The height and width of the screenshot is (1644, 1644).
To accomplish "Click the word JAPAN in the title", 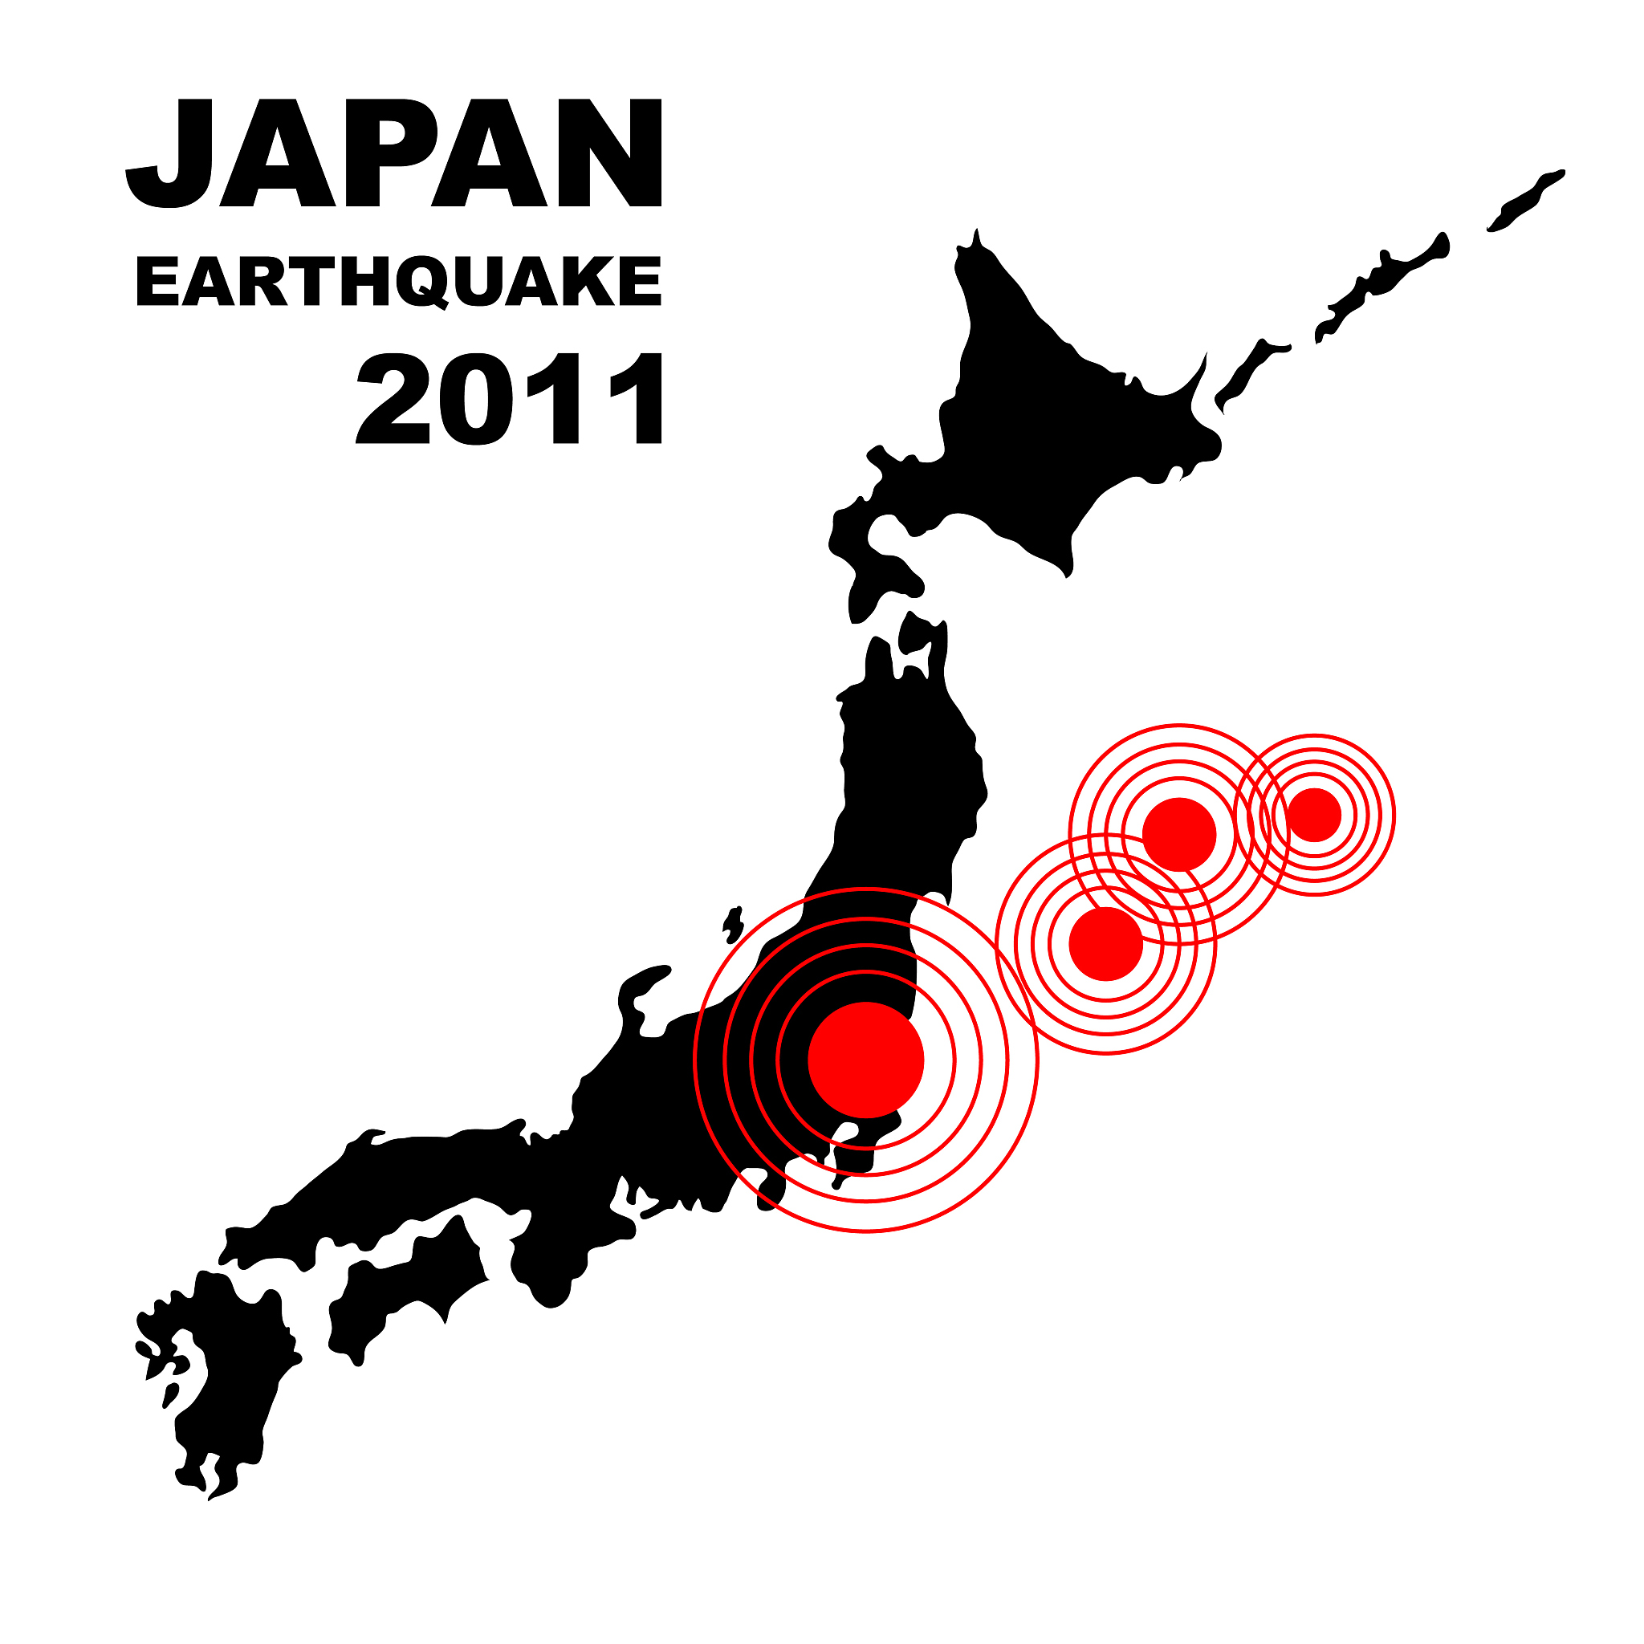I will click(x=393, y=153).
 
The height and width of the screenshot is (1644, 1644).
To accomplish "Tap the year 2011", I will click(x=509, y=399).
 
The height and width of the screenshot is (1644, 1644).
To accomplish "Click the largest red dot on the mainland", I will click(x=865, y=1060).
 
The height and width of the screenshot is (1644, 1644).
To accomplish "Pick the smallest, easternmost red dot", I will click(x=1314, y=814).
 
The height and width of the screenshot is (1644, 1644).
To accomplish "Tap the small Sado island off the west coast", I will click(x=734, y=923).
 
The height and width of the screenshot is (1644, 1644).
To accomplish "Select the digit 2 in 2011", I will click(x=393, y=399).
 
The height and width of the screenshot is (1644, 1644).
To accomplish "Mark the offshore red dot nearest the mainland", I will click(x=1105, y=944).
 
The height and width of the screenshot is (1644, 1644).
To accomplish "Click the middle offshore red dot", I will click(x=1178, y=834).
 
